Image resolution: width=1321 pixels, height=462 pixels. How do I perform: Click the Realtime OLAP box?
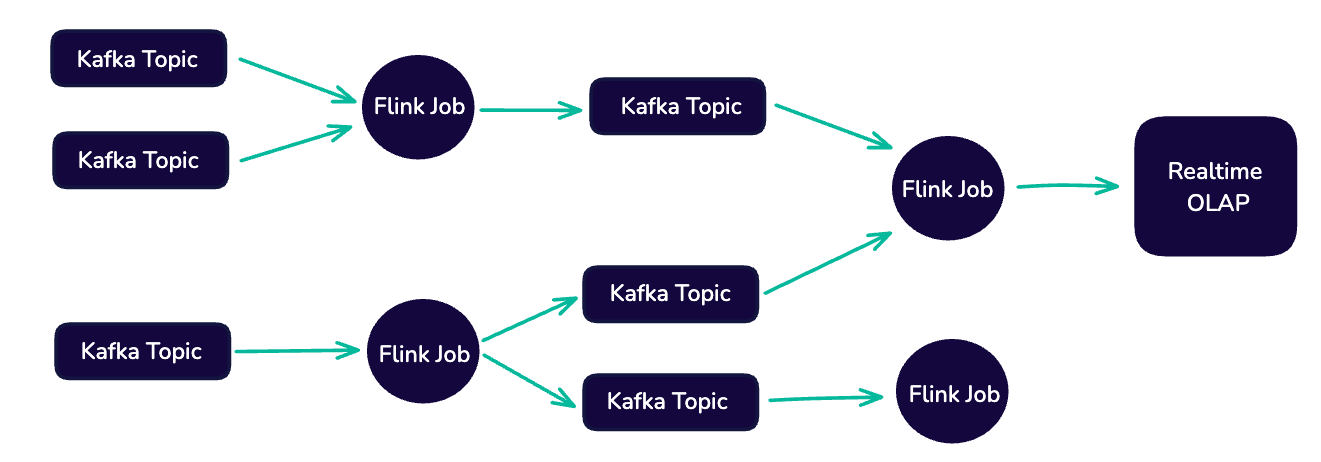[x=1214, y=186]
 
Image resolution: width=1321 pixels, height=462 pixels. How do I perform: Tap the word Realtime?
[x=1214, y=171]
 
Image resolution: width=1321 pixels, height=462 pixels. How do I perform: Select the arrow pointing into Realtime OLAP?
[x=1065, y=185]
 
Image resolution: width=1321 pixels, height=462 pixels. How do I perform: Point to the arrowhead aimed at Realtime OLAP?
[x=1108, y=185]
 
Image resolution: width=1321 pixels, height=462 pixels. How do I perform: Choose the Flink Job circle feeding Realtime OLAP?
[x=947, y=189]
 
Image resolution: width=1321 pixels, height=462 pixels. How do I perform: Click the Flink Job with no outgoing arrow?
[x=953, y=394]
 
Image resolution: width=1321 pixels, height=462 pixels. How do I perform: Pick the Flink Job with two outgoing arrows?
[x=424, y=353]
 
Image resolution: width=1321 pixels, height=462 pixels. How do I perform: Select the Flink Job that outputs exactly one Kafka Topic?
[x=419, y=106]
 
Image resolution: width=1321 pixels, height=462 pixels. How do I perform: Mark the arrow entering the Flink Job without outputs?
[x=826, y=398]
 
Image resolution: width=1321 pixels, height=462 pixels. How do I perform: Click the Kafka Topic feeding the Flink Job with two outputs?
[x=142, y=351]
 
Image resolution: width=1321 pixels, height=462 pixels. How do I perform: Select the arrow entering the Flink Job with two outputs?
[x=296, y=350]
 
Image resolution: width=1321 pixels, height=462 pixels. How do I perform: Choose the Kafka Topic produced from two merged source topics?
[x=677, y=106]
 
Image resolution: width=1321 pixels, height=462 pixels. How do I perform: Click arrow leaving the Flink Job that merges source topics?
[x=530, y=109]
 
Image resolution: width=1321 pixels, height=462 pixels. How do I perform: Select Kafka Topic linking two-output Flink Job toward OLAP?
[x=670, y=293]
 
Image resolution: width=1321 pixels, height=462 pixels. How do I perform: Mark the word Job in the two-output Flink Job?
[x=451, y=353]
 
